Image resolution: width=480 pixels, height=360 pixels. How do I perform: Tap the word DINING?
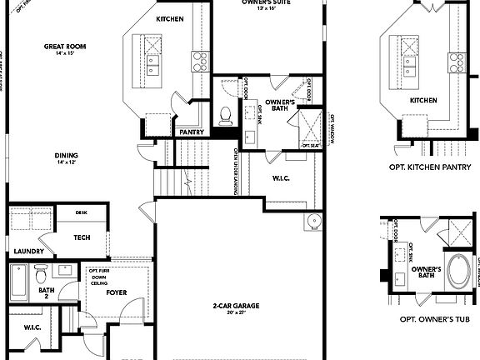67,155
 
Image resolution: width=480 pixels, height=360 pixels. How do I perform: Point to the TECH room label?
82,237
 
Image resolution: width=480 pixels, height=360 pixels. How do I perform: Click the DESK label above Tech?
81,212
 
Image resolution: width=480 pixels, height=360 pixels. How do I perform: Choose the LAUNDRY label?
28,250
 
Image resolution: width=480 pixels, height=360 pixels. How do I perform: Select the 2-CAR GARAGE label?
236,307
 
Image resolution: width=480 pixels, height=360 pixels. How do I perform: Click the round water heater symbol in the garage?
312,221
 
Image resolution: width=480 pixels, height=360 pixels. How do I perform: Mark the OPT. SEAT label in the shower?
311,145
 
